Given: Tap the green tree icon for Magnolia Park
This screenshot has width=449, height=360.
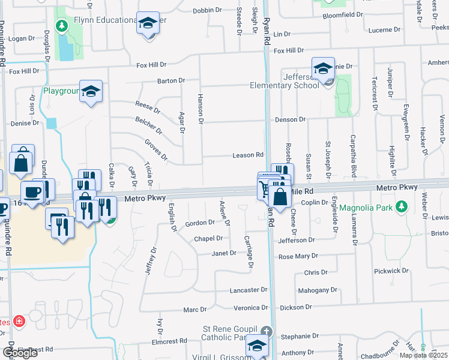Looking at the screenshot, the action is point(402,208).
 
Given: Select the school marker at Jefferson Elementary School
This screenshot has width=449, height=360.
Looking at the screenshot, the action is point(323,69).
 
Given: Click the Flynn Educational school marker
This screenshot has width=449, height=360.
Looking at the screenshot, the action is point(147,24).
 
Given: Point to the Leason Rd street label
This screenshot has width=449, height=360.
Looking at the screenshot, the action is point(248,155).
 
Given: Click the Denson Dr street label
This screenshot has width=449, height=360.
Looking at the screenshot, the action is point(291,120).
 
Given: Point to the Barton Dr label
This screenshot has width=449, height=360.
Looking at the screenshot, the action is point(171,80).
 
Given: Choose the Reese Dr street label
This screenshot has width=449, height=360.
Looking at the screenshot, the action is point(148,106).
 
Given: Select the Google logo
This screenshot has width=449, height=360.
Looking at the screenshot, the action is point(20,353).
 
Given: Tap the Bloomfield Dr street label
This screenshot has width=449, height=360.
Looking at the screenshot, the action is point(343,14).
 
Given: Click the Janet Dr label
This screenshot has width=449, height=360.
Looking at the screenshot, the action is point(224,253).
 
